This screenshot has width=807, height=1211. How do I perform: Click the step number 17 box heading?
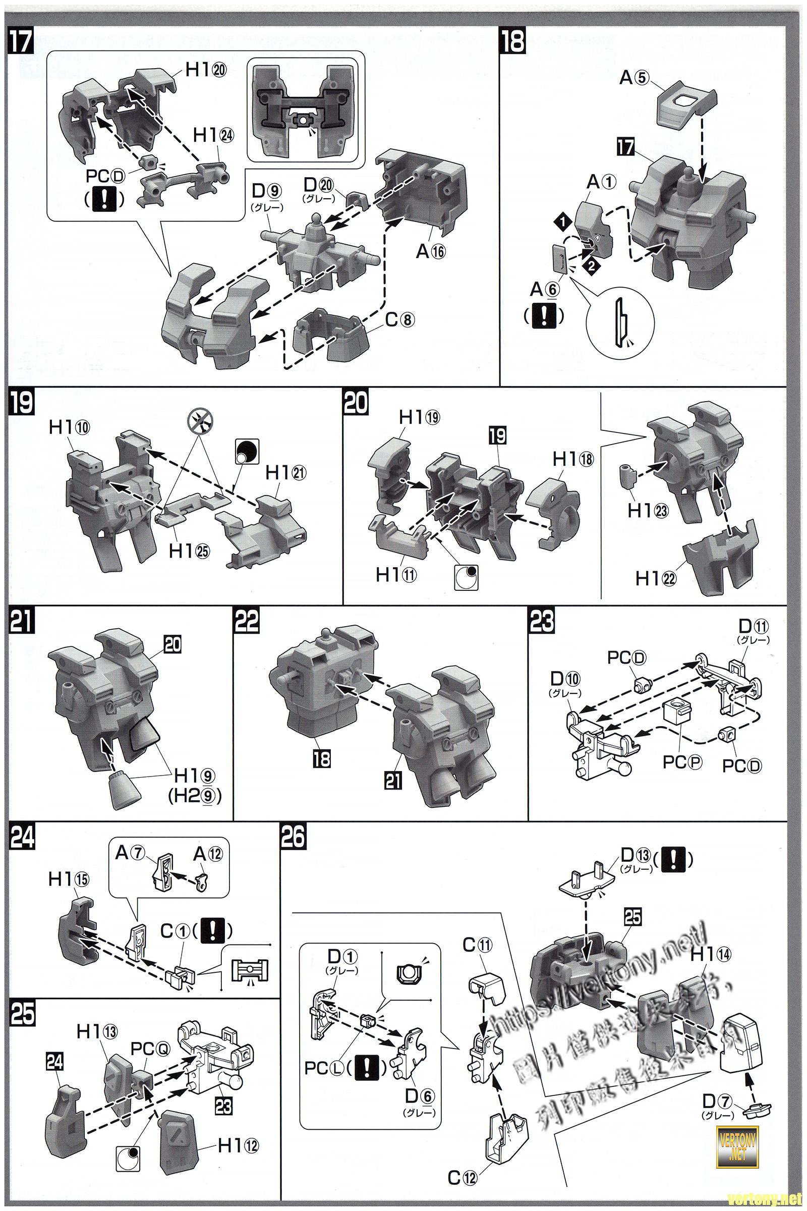pyautogui.click(x=21, y=42)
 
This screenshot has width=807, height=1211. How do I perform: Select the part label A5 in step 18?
pyautogui.click(x=635, y=78)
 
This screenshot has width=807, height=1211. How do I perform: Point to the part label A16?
pyautogui.click(x=430, y=252)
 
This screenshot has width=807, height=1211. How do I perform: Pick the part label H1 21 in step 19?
pyautogui.click(x=285, y=473)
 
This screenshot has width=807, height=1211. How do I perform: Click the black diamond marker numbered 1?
pyautogui.click(x=562, y=222)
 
